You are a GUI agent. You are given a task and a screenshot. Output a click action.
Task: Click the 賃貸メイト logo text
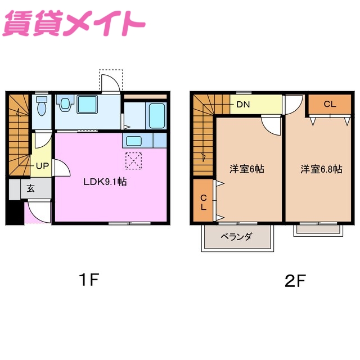pyautogui.click(x=73, y=24)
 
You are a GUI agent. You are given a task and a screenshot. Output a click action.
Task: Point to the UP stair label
pyautogui.click(x=42, y=166)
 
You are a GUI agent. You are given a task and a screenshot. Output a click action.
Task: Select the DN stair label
pyautogui.click(x=243, y=104)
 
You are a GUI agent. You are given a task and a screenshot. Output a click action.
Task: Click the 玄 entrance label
pyautogui.click(x=30, y=188)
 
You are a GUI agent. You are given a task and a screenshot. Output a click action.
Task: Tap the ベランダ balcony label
pyautogui.click(x=236, y=237)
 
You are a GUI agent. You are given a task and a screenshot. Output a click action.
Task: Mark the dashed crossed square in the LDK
pyautogui.click(x=133, y=160)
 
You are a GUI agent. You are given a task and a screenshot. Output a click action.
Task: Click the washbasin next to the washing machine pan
pyautogui.click(x=66, y=103)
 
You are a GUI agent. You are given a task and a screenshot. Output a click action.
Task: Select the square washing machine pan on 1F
pyautogui.click(x=87, y=104)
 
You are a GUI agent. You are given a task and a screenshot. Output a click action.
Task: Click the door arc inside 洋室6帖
pyautogui.click(x=272, y=125)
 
